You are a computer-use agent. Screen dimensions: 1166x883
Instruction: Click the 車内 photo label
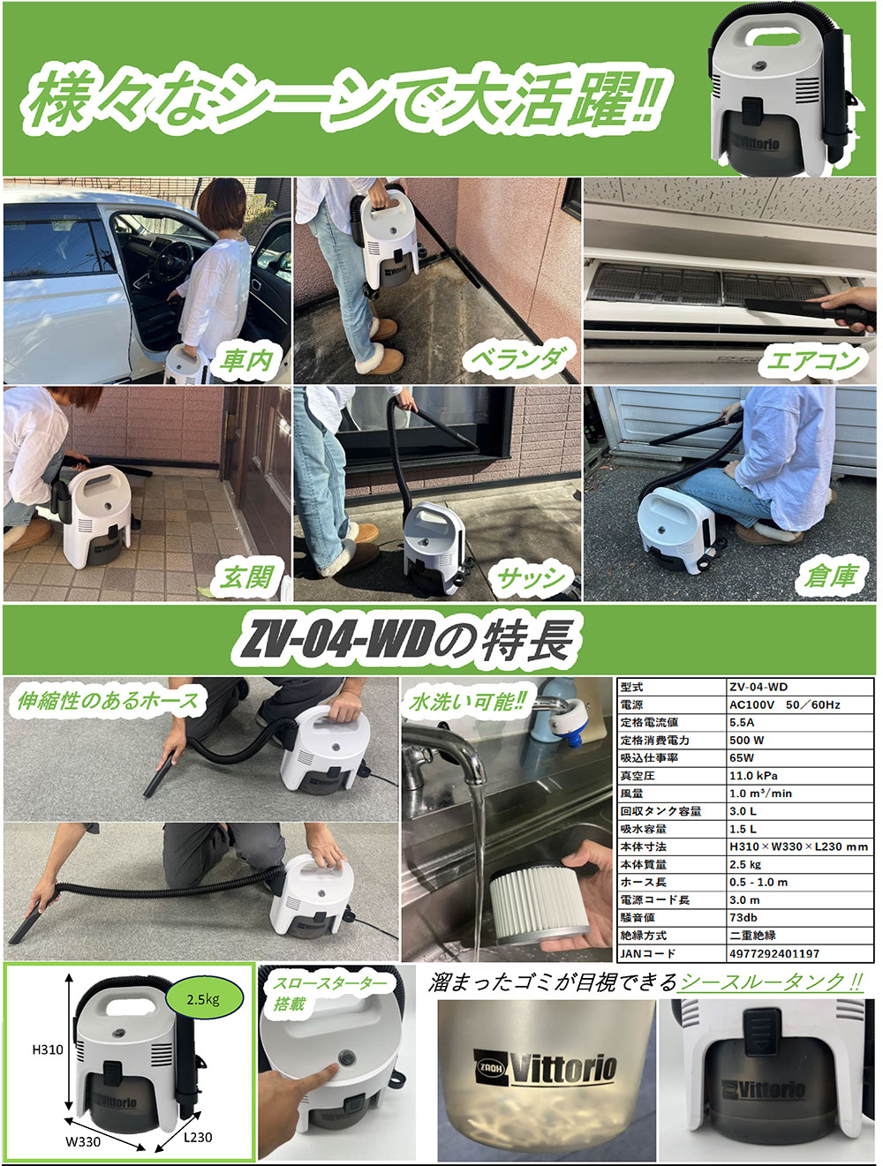pos(247,360)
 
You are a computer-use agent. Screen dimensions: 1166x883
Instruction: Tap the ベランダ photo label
pos(518,358)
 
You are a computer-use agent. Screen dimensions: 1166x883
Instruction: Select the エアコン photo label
pos(812,360)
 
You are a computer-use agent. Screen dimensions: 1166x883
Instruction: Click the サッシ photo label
pos(531,578)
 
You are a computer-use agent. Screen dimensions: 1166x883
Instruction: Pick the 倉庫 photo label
pos(831,575)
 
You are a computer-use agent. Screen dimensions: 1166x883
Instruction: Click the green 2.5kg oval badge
pos(203,999)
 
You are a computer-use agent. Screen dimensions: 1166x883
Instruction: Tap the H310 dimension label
pos(48,1049)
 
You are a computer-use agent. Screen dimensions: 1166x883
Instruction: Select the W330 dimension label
pos(83,1141)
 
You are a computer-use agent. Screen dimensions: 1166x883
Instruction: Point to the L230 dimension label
pos(198,1137)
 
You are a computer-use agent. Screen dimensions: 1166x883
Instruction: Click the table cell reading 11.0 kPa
pos(753,776)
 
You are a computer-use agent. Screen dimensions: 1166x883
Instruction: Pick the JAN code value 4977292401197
pos(774,953)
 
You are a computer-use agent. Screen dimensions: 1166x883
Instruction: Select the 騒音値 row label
pos(638,918)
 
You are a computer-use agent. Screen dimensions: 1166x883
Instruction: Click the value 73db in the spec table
pos(743,918)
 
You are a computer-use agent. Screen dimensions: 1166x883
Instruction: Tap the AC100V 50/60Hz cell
pos(784,704)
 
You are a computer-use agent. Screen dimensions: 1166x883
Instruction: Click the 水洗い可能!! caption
pos(468,702)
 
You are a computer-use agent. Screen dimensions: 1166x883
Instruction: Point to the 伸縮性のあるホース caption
pos(108,701)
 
